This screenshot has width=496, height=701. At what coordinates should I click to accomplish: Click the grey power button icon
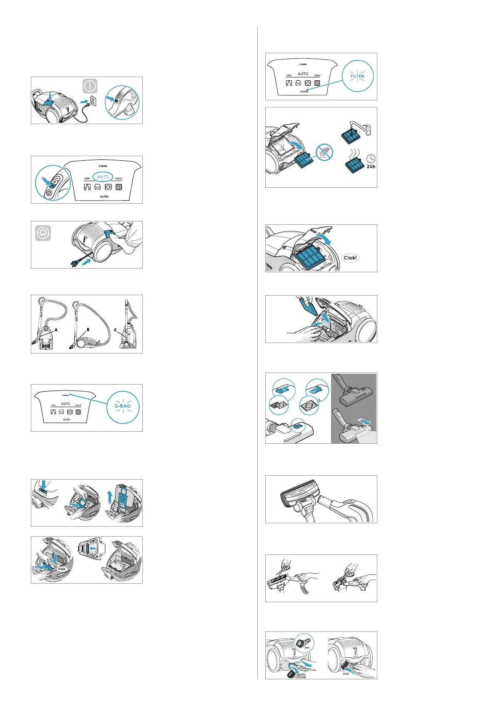pyautogui.click(x=90, y=86)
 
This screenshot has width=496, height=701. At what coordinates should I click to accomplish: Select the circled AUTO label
pyautogui.click(x=102, y=177)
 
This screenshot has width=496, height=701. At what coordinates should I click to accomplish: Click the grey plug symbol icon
pyautogui.click(x=43, y=233)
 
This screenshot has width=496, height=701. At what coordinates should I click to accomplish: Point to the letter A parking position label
pyautogui.click(x=56, y=330)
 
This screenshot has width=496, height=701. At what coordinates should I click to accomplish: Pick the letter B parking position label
pyautogui.click(x=88, y=330)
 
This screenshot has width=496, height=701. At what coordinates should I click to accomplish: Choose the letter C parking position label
pyautogui.click(x=115, y=330)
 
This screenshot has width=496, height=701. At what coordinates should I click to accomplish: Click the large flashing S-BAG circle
pyautogui.click(x=123, y=407)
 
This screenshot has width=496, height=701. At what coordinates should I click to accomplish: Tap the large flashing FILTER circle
pyautogui.click(x=357, y=76)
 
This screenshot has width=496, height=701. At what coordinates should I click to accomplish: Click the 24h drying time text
pyautogui.click(x=371, y=167)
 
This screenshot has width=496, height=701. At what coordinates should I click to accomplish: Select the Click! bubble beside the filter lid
pyautogui.click(x=350, y=258)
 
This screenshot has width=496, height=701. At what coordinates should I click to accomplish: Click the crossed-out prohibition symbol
pyautogui.click(x=324, y=152)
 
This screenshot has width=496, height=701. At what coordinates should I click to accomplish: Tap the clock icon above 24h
pyautogui.click(x=371, y=159)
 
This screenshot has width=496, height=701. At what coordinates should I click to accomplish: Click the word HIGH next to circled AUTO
pyautogui.click(x=119, y=179)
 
